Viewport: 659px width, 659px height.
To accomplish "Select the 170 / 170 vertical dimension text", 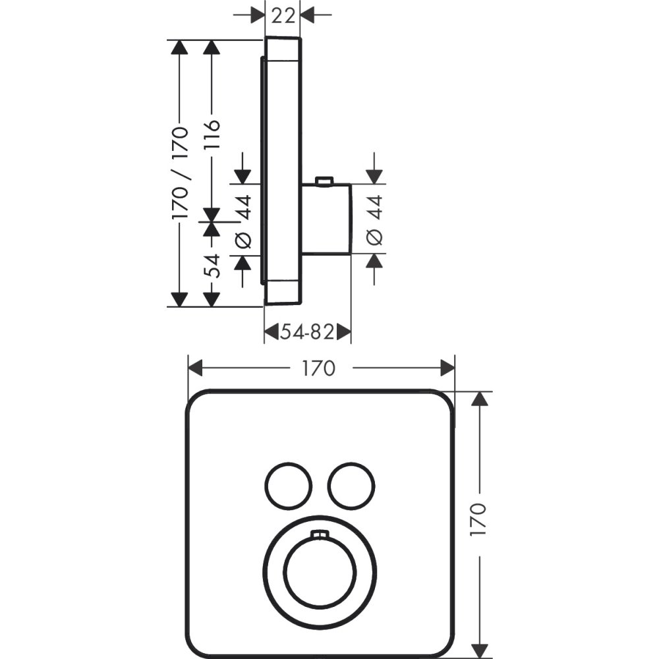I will click(x=180, y=173).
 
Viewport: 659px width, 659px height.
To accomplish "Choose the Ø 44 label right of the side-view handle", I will click(x=374, y=221).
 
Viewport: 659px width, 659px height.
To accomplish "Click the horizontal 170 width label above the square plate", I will click(x=320, y=368).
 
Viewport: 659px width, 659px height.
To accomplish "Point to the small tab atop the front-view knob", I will click(x=320, y=534).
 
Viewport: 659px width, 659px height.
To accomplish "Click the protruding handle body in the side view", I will click(x=326, y=219).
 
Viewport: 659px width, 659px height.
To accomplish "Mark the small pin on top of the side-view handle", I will click(x=324, y=181).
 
